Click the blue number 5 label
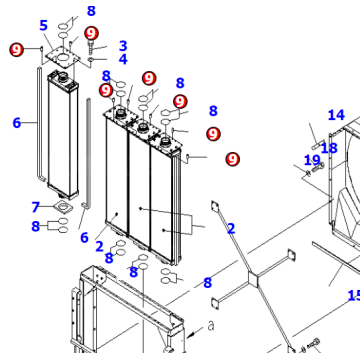coord(43,25)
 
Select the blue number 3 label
coord(122,45)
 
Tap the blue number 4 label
coord(122,59)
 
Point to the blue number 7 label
coord(35,207)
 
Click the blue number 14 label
coord(336,116)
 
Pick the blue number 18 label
coord(328,148)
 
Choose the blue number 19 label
coord(312,160)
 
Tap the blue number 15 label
coord(353,295)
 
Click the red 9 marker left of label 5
coord(16,49)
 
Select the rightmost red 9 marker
coord(232,158)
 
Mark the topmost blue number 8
coord(91,11)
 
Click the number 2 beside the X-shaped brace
coord(230,228)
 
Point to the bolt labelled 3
coord(92,48)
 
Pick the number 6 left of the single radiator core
coord(16,123)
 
